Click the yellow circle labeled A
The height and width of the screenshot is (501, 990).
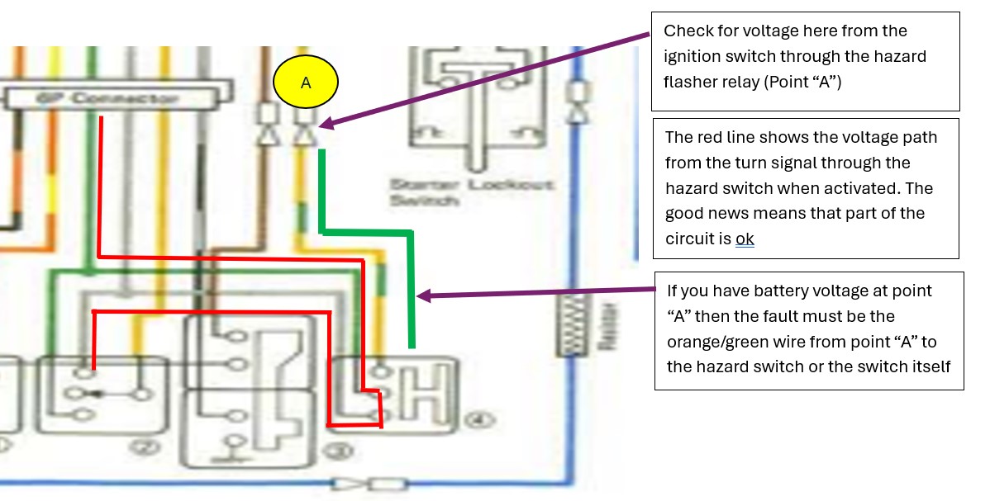306,83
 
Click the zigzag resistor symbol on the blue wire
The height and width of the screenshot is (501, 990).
570,327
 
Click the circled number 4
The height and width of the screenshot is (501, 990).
472,419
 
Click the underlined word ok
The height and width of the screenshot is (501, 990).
745,239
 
